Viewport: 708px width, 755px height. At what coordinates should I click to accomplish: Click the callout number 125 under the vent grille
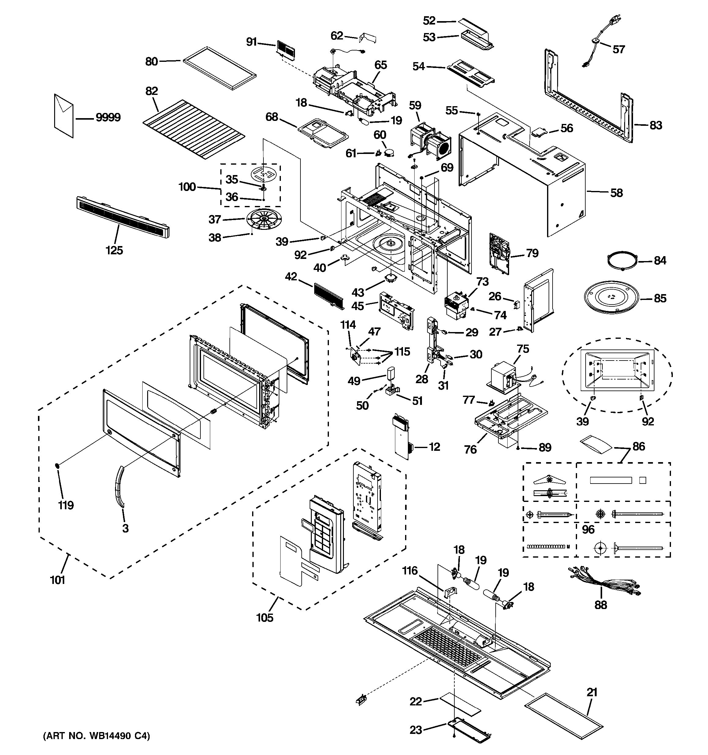(114, 250)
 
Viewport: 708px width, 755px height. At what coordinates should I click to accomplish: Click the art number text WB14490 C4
(97, 736)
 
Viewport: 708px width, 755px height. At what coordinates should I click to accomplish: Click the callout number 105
(265, 618)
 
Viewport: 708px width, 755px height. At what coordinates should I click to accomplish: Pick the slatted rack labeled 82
(194, 129)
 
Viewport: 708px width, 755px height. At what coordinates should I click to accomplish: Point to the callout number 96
(588, 529)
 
